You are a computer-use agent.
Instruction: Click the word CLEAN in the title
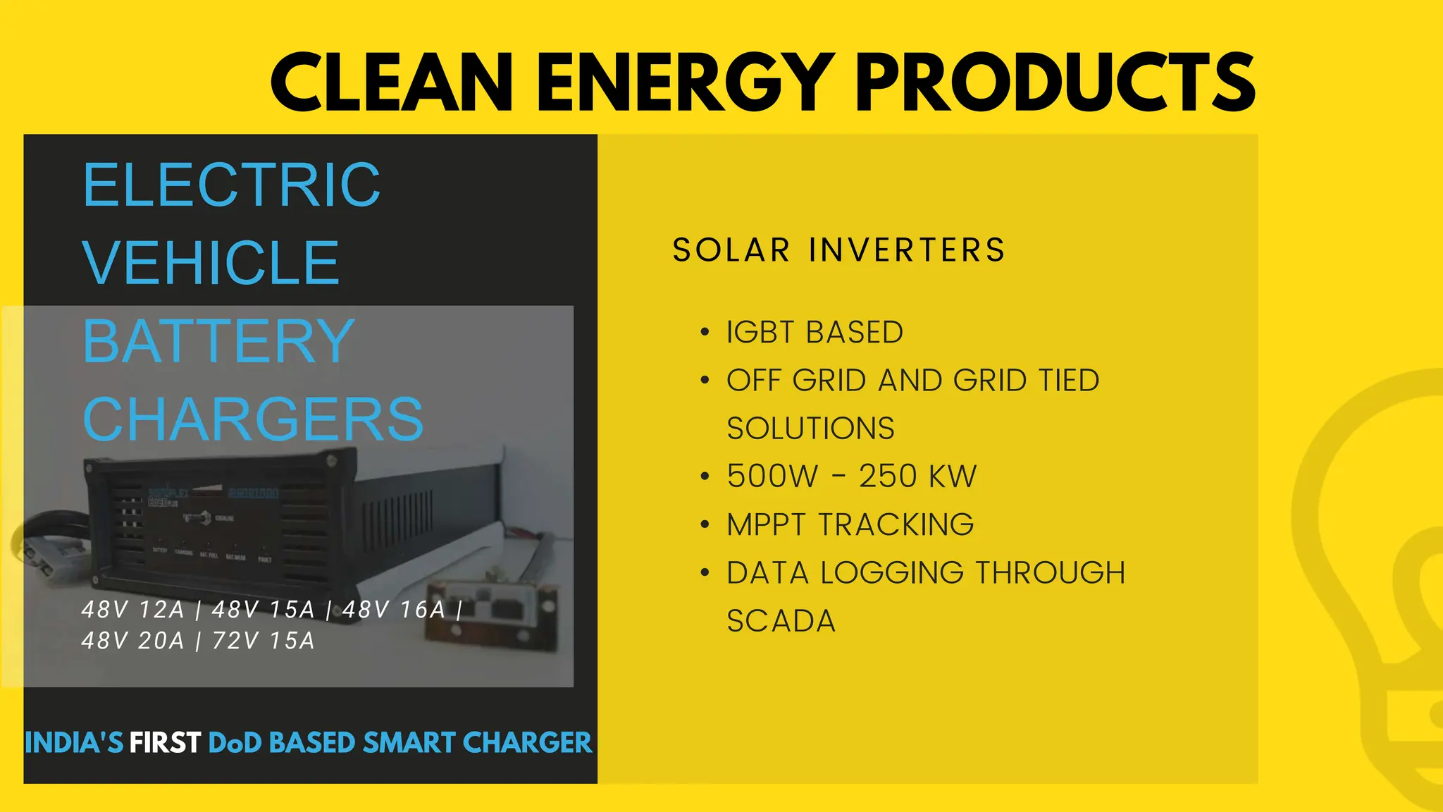click(392, 82)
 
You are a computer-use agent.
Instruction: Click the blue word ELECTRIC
click(231, 185)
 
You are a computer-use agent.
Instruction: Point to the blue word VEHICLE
click(211, 263)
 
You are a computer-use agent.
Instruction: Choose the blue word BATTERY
click(218, 342)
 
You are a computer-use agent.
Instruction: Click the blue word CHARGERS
click(253, 419)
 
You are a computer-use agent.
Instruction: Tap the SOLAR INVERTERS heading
click(838, 250)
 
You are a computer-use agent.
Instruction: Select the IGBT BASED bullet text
click(815, 333)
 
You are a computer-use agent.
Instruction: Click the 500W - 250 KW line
click(851, 476)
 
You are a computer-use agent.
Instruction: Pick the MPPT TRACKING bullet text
click(850, 525)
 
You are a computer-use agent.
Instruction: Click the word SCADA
click(781, 622)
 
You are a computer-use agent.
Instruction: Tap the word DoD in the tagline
click(235, 743)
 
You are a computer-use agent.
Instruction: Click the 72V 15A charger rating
click(263, 641)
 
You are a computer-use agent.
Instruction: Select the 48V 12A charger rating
click(132, 610)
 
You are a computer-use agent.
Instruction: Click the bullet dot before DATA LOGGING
click(705, 573)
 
